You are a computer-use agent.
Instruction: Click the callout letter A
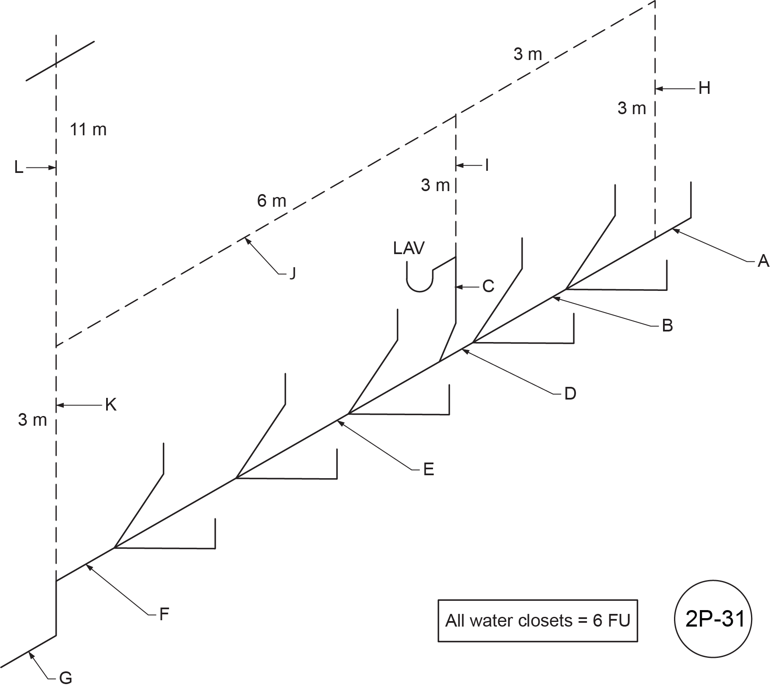click(x=763, y=261)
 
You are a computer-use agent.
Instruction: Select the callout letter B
click(x=667, y=326)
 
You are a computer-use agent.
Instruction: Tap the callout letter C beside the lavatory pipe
click(x=488, y=287)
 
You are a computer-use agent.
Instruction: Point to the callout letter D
click(x=570, y=394)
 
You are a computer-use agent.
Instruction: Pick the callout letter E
click(x=429, y=469)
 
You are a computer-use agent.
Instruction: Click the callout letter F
click(x=164, y=614)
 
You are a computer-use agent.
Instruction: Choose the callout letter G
click(x=66, y=678)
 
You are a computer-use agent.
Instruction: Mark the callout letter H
click(x=704, y=88)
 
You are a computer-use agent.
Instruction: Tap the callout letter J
click(x=292, y=274)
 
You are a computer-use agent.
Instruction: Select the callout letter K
click(x=110, y=405)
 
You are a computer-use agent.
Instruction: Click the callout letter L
click(x=19, y=168)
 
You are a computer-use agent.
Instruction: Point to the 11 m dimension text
click(x=88, y=129)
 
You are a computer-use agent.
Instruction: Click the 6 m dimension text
click(x=271, y=200)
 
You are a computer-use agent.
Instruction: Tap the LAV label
click(x=408, y=248)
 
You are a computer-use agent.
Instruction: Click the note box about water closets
click(x=537, y=621)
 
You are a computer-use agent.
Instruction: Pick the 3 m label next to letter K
click(x=33, y=420)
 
